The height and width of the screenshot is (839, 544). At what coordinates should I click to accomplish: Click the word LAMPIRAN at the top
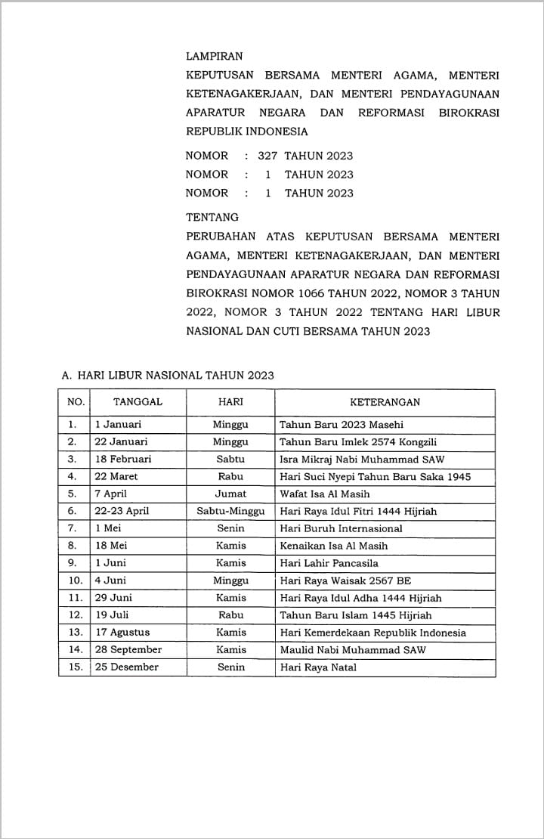click(215, 57)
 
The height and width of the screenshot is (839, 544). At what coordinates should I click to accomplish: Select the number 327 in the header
click(267, 156)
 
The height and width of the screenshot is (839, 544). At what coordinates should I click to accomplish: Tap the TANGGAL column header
click(138, 402)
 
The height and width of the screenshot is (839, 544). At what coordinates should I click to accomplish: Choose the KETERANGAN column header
click(385, 402)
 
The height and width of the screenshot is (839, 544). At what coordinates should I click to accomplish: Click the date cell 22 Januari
click(121, 441)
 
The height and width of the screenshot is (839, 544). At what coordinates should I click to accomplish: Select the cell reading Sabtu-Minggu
click(230, 511)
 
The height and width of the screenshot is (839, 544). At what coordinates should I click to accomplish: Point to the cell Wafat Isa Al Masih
click(325, 494)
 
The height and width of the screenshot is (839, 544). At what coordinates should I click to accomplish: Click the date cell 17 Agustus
click(122, 633)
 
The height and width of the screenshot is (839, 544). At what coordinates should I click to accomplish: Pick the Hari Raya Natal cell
click(318, 667)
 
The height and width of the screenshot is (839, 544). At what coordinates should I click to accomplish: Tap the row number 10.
click(75, 580)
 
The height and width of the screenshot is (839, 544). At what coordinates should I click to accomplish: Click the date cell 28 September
click(128, 650)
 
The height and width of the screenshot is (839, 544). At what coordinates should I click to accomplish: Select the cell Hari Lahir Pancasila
click(329, 563)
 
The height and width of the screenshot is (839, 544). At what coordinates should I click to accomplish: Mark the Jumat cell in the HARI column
click(230, 494)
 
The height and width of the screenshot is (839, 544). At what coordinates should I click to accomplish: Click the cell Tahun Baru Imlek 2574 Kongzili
click(358, 441)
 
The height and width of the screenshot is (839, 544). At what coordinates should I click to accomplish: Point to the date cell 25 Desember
click(127, 667)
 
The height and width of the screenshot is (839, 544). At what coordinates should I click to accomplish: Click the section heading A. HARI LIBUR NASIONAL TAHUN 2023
click(167, 375)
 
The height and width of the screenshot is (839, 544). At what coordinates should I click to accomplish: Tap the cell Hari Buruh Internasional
click(341, 528)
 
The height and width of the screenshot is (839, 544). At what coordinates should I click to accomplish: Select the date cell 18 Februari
click(123, 459)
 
